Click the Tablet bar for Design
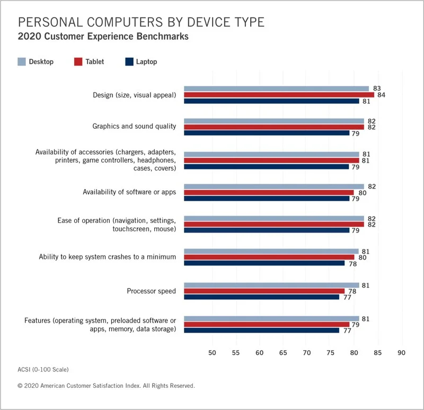pos(279,95)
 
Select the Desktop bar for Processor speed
pos(271,285)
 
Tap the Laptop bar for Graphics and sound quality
pos(267,133)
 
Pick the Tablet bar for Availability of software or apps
pos(269,192)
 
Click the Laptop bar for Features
pos(261,330)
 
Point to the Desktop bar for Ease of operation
pos(273,218)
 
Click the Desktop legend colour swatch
pos(21,61)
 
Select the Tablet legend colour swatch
pos(78,61)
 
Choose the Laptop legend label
pos(146,62)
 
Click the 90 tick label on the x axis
pos(401,352)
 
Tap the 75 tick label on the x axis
pos(330,352)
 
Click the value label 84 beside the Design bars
pos(381,95)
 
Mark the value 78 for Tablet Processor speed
pos(351,291)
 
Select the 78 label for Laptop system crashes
pos(351,263)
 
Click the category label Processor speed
pos(151,291)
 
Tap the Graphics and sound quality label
pos(134,126)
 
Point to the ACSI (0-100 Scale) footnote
pos(43,369)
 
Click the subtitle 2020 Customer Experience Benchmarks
pos(103,37)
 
